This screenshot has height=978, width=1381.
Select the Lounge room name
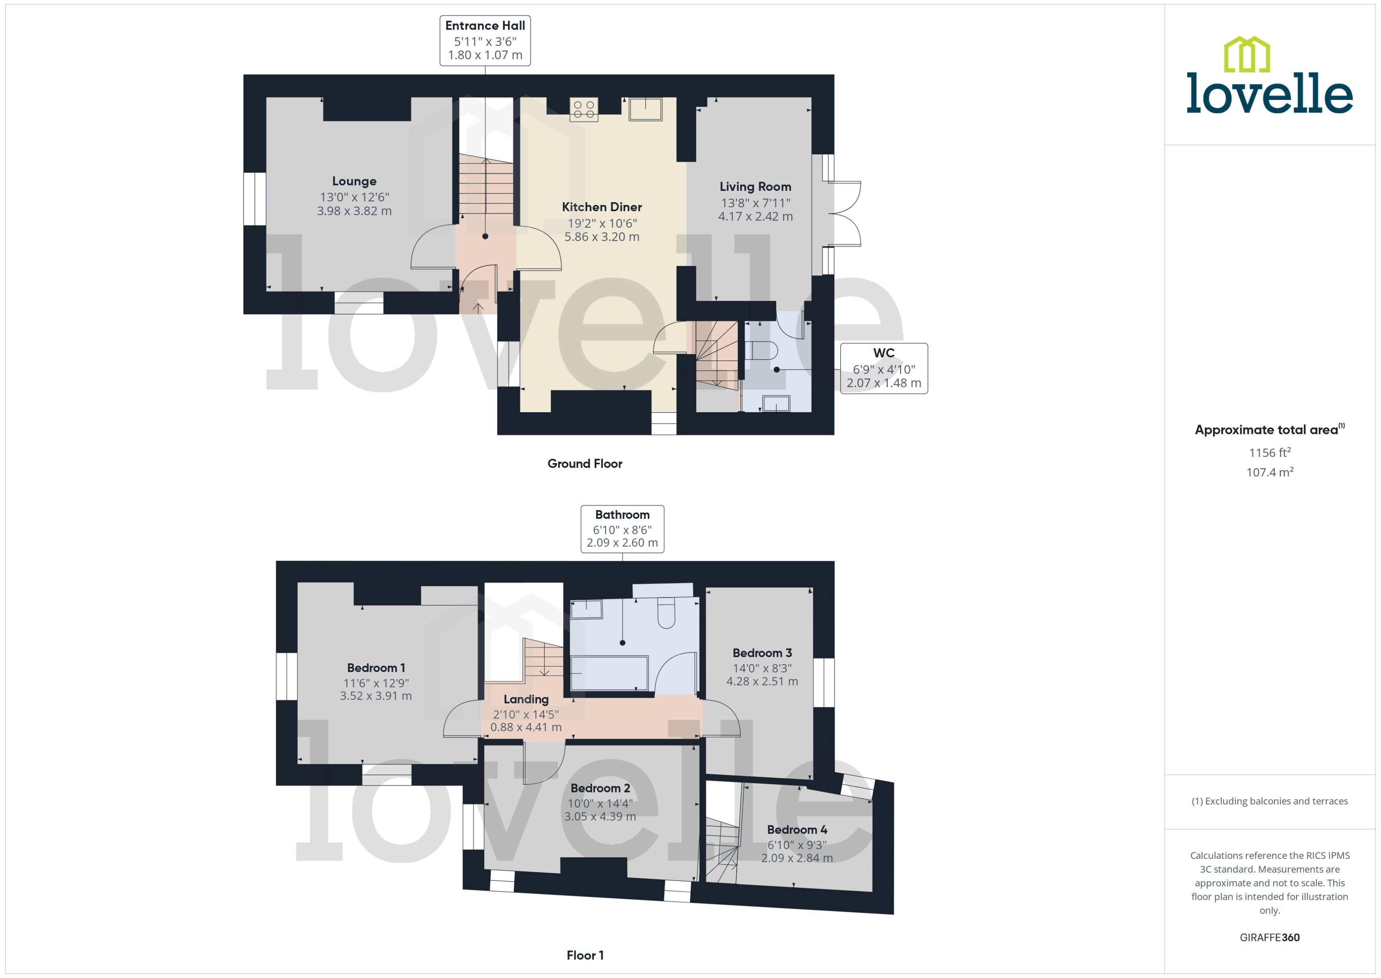[x=354, y=181]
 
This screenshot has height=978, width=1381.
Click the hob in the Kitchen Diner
[x=584, y=109]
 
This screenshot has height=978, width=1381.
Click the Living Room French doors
[x=845, y=213]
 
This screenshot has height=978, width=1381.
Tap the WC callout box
[x=883, y=368]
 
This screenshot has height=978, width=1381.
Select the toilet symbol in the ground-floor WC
[x=763, y=350]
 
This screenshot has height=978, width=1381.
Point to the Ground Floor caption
[x=584, y=464]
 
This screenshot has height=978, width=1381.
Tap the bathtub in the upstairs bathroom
[x=608, y=673]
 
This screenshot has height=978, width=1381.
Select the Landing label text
[x=526, y=699]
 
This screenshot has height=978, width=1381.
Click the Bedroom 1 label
[x=376, y=668]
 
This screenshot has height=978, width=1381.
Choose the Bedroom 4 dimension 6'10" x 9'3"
[x=797, y=845]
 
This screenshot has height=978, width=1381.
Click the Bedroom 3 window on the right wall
[x=823, y=682]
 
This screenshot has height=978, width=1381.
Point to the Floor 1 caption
[x=584, y=955]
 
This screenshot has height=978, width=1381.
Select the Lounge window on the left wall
[x=254, y=199]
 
